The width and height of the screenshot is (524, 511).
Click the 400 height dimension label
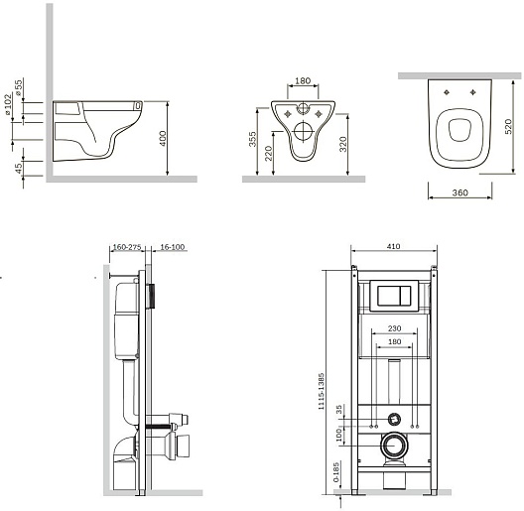[163, 138]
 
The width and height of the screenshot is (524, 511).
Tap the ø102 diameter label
[8, 104]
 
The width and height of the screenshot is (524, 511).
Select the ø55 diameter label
[18, 87]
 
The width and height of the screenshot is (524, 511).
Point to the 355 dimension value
[253, 139]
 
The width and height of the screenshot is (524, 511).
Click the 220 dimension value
[269, 154]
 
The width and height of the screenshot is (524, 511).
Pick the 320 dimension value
[343, 145]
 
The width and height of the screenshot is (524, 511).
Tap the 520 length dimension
[508, 127]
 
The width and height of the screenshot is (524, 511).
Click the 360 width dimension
[459, 192]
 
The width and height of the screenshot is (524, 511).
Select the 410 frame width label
[394, 246]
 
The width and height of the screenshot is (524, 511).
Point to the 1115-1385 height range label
[322, 391]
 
